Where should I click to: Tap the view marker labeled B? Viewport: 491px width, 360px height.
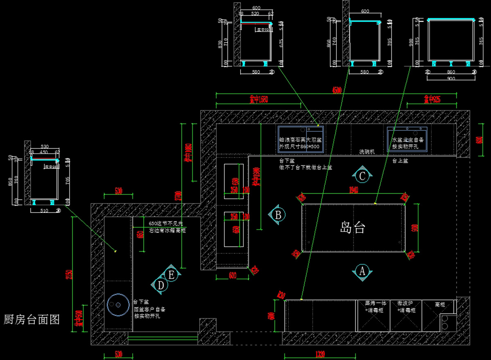coord(278,214)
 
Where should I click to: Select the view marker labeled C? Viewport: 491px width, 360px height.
coord(362,176)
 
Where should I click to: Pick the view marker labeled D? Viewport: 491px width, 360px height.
coord(161,285)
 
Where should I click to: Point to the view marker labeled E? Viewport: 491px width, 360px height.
coord(171,274)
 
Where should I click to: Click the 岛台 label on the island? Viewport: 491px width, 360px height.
coord(352,228)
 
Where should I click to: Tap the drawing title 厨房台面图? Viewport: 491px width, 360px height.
coord(32,319)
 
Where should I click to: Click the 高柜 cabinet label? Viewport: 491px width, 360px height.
coord(440,304)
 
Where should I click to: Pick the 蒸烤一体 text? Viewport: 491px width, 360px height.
coord(373,304)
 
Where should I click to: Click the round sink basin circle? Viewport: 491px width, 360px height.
coord(117,305)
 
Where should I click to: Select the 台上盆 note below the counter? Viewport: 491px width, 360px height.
coord(400,161)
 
